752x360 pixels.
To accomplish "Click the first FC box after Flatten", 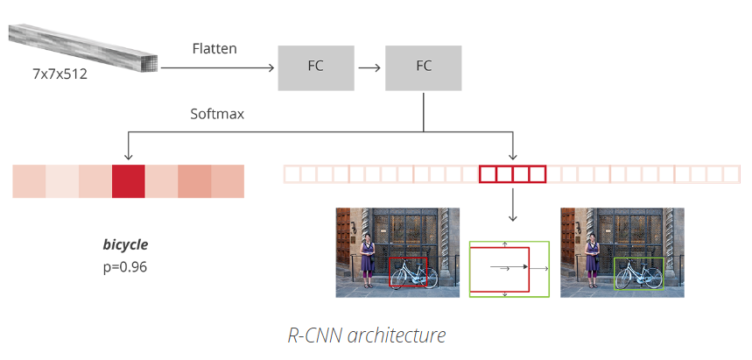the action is pyautogui.click(x=316, y=68).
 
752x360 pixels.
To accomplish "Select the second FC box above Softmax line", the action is pyautogui.click(x=424, y=68).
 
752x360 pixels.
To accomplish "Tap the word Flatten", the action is pyautogui.click(x=214, y=48).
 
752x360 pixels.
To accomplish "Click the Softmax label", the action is pyautogui.click(x=217, y=114).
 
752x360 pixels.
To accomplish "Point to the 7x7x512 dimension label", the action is pyautogui.click(x=60, y=74).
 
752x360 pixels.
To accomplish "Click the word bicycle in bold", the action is pyautogui.click(x=126, y=245).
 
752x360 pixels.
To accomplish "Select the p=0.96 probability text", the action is pyautogui.click(x=125, y=267).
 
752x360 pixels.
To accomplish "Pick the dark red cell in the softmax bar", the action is pyautogui.click(x=128, y=181).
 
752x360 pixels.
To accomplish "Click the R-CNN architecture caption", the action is pyautogui.click(x=367, y=335).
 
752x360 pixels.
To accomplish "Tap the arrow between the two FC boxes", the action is pyautogui.click(x=369, y=68).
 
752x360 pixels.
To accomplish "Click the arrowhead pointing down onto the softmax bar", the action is pyautogui.click(x=128, y=156).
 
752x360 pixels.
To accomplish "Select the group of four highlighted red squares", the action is pyautogui.click(x=513, y=174).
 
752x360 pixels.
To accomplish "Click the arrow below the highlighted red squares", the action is pyautogui.click(x=513, y=204).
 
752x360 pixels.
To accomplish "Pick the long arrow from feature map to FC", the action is pyautogui.click(x=217, y=68).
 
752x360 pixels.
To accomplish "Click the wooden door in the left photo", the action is pyautogui.click(x=343, y=236).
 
